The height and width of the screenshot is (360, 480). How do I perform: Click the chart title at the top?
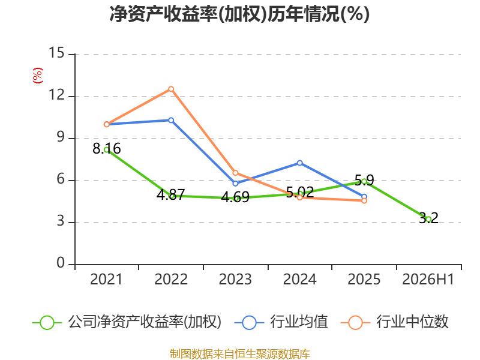tap(239, 14)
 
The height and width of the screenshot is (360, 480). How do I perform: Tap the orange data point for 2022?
tap(171, 89)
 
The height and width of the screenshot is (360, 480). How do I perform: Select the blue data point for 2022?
tap(171, 121)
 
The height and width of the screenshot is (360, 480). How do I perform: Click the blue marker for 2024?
tap(299, 163)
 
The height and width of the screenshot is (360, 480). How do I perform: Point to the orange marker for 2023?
tap(235, 173)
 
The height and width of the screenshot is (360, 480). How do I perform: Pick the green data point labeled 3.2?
tap(428, 219)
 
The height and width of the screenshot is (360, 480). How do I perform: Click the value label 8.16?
tap(107, 149)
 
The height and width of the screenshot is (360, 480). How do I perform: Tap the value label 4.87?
tap(171, 194)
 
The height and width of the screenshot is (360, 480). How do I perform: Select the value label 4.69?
tap(235, 197)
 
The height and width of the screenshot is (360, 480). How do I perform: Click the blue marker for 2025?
tap(364, 197)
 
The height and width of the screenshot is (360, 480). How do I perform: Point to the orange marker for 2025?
tap(364, 201)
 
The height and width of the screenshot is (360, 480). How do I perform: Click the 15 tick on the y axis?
tap(56, 53)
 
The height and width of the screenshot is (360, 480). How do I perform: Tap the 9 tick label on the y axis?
tap(61, 137)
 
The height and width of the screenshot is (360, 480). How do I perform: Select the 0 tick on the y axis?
tap(61, 263)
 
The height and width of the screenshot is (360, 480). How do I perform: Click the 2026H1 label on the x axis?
tap(428, 280)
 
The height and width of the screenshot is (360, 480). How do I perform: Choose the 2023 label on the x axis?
tap(235, 280)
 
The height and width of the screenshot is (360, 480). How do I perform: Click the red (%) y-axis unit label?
tap(38, 76)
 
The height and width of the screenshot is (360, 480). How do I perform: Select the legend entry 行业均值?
tap(281, 322)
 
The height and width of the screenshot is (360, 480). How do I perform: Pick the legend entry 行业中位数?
tap(394, 322)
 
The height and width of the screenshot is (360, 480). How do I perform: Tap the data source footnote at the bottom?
tap(240, 354)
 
